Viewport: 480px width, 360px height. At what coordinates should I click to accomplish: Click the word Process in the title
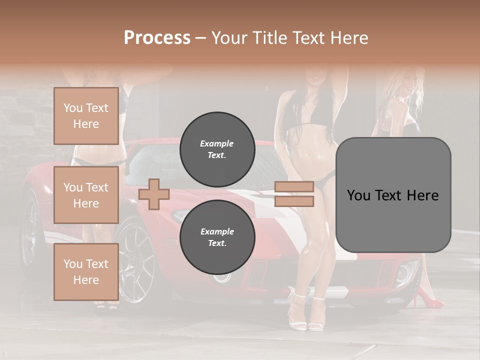(157, 38)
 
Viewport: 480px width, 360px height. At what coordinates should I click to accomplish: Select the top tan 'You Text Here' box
(86, 116)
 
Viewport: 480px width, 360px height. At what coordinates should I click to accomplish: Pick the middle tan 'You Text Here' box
(86, 195)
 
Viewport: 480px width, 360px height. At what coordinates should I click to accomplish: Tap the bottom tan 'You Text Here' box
(86, 272)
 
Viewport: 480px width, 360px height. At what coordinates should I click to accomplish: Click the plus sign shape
(154, 194)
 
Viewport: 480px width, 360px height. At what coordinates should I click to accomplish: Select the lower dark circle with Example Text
(217, 237)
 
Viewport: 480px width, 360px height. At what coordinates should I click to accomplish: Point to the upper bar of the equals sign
(294, 187)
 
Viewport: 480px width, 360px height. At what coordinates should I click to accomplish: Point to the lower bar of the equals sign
(294, 201)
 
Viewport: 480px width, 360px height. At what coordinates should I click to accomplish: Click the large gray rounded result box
(393, 195)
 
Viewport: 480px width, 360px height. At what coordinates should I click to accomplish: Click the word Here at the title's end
(349, 38)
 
